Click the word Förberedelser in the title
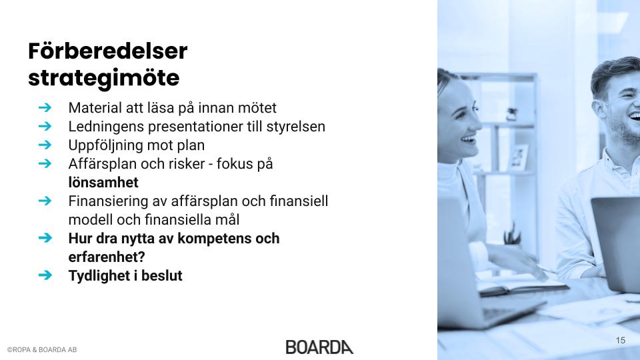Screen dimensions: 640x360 (x=108, y=51)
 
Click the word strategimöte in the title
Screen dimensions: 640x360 (x=104, y=79)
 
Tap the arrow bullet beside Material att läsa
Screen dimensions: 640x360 (x=45, y=108)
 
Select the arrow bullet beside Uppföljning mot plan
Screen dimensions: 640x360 (x=45, y=145)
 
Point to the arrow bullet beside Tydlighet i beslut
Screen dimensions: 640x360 (x=45, y=275)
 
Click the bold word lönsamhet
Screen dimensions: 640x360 (x=103, y=183)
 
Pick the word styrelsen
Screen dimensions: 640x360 (x=296, y=127)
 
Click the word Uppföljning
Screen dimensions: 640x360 (x=106, y=145)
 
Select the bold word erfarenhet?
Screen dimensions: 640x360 (x=107, y=257)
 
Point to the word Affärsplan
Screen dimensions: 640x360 (x=103, y=164)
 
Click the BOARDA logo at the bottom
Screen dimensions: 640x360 (x=319, y=347)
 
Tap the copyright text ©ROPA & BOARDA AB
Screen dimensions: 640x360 (x=42, y=350)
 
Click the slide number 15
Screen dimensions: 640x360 (x=621, y=341)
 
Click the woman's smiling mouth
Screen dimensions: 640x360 (x=468, y=141)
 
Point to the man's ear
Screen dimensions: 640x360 (x=599, y=110)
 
